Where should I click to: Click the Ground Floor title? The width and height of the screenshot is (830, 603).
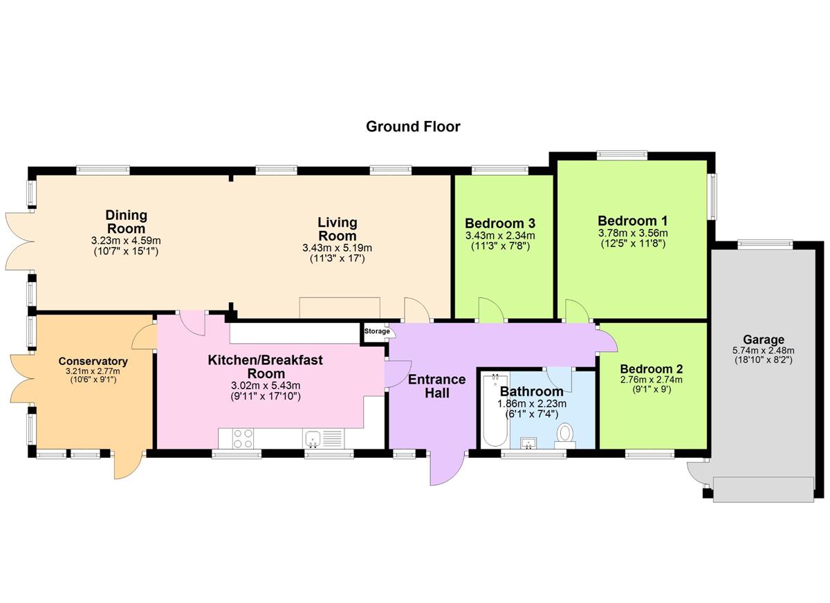click(x=412, y=127)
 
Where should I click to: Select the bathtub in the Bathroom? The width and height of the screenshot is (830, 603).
click(x=493, y=410)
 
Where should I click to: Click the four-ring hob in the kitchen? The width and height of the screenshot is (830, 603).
click(x=243, y=438)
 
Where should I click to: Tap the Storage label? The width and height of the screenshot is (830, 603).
click(x=378, y=332)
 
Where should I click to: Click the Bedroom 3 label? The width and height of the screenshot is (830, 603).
click(x=499, y=223)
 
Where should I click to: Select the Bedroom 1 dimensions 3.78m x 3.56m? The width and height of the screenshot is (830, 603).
click(x=633, y=233)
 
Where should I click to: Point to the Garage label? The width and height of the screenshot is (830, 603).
click(x=763, y=340)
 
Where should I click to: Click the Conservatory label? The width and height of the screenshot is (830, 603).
click(x=93, y=361)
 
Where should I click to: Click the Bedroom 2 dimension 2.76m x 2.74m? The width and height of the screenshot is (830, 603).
click(x=650, y=380)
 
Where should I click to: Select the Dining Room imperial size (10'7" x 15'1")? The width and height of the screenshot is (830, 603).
click(x=126, y=251)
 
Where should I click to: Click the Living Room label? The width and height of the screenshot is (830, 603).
click(x=337, y=230)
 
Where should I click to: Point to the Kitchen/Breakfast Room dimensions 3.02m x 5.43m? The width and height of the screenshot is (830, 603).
click(x=266, y=385)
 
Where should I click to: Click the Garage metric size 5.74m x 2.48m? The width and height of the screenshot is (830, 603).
click(x=763, y=350)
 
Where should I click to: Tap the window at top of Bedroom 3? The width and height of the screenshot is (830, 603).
click(x=499, y=169)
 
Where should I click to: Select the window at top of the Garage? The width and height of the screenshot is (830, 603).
click(x=764, y=242)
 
